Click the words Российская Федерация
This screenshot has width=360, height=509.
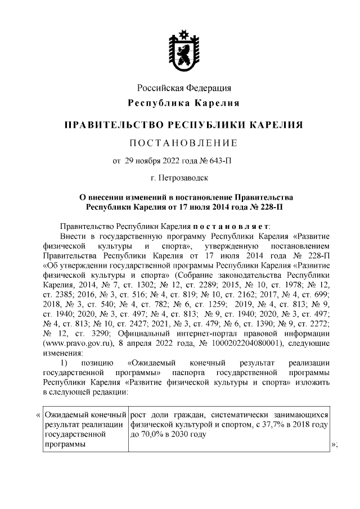[184, 88]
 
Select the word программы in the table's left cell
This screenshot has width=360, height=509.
[63, 444]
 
